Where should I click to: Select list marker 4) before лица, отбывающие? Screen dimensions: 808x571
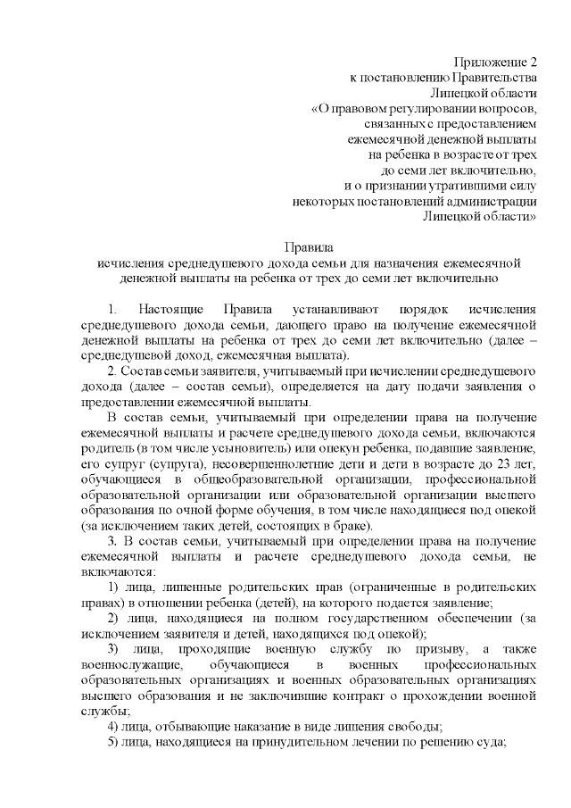[x=113, y=727]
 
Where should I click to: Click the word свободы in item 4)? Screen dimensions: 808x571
[x=415, y=727]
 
